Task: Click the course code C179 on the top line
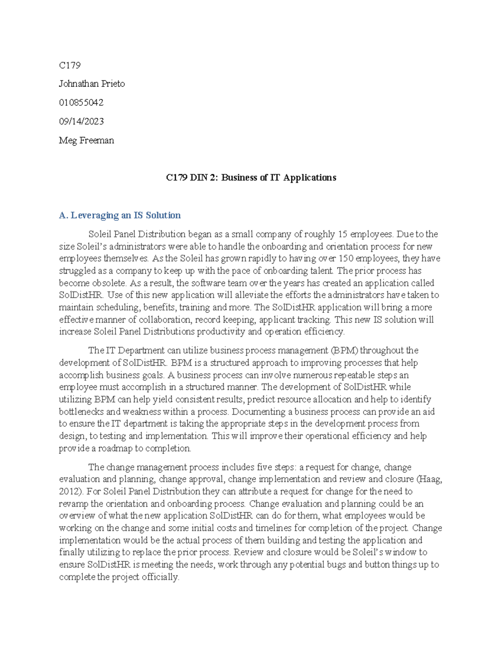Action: tap(69, 65)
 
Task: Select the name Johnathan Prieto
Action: tap(92, 84)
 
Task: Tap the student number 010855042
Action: tap(81, 102)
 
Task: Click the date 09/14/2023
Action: tap(81, 121)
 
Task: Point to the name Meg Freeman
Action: tap(86, 140)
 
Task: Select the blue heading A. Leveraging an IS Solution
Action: tap(120, 215)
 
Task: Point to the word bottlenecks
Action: tap(81, 412)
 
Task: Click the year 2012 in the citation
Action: tap(68, 491)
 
